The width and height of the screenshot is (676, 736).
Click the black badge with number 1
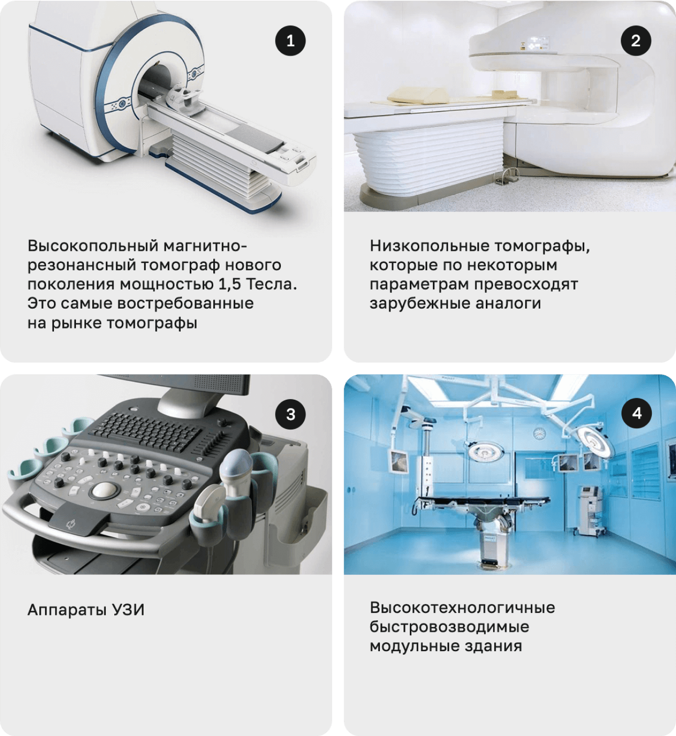coord(290,41)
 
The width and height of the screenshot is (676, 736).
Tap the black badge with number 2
coord(636,41)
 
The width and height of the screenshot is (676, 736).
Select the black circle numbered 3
coord(290,414)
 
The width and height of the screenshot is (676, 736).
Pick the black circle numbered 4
coord(637,413)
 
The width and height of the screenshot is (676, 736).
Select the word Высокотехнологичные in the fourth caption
coord(462,608)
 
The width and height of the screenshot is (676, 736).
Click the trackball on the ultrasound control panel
coord(105,490)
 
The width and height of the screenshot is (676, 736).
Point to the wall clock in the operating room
coord(539,433)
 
